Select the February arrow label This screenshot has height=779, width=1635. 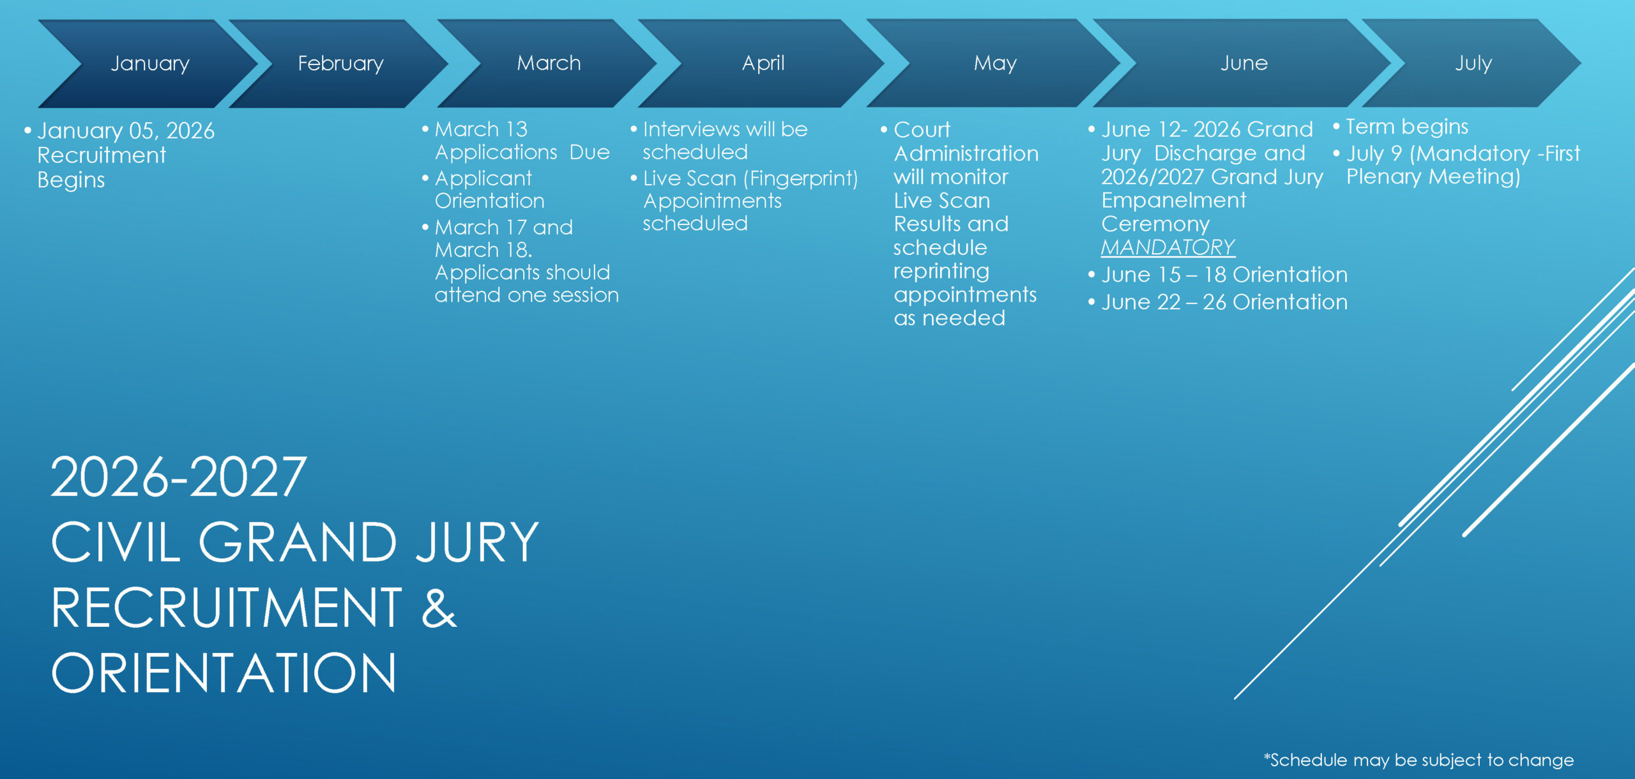tap(340, 63)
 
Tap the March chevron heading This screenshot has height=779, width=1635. tap(549, 63)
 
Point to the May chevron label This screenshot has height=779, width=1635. tap(995, 63)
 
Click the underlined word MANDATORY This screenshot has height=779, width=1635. tap(1168, 247)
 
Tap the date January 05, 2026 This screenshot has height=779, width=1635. tap(126, 131)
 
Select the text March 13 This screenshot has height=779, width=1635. tap(482, 129)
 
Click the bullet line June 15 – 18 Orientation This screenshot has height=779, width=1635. tap(1224, 275)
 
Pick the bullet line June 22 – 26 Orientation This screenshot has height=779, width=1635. tap(1224, 302)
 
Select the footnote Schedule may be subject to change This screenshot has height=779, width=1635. tap(1419, 760)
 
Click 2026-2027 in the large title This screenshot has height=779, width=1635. tap(179, 477)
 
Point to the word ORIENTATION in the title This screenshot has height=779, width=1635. tap(224, 673)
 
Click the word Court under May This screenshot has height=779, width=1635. tap(922, 130)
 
